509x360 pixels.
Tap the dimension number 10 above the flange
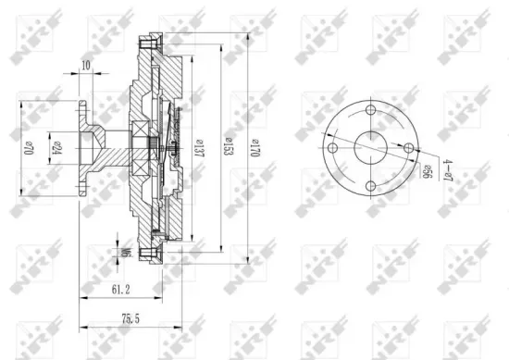[x=86, y=65]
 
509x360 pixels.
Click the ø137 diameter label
[x=198, y=147]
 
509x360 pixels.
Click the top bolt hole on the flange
[x=371, y=111]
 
